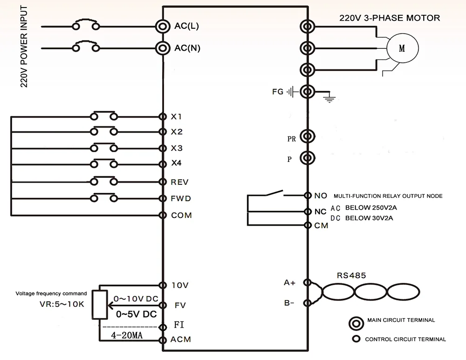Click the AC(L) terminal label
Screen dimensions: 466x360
pyautogui.click(x=186, y=26)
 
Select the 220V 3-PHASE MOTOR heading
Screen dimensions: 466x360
pyautogui.click(x=390, y=18)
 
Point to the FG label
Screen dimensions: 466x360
pyautogui.click(x=278, y=92)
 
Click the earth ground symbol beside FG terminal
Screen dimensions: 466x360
pyautogui.click(x=329, y=99)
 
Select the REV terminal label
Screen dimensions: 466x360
pyautogui.click(x=179, y=182)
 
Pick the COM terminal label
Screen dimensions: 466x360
pyautogui.click(x=181, y=215)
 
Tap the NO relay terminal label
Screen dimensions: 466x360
pyautogui.click(x=321, y=196)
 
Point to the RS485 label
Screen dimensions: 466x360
pyautogui.click(x=351, y=276)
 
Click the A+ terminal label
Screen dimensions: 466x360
pyautogui.click(x=289, y=283)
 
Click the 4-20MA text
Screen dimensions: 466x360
pyautogui.click(x=127, y=335)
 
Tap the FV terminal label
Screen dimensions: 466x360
pyautogui.click(x=180, y=306)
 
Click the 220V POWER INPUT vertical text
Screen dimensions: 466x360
pyautogui.click(x=24, y=46)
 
